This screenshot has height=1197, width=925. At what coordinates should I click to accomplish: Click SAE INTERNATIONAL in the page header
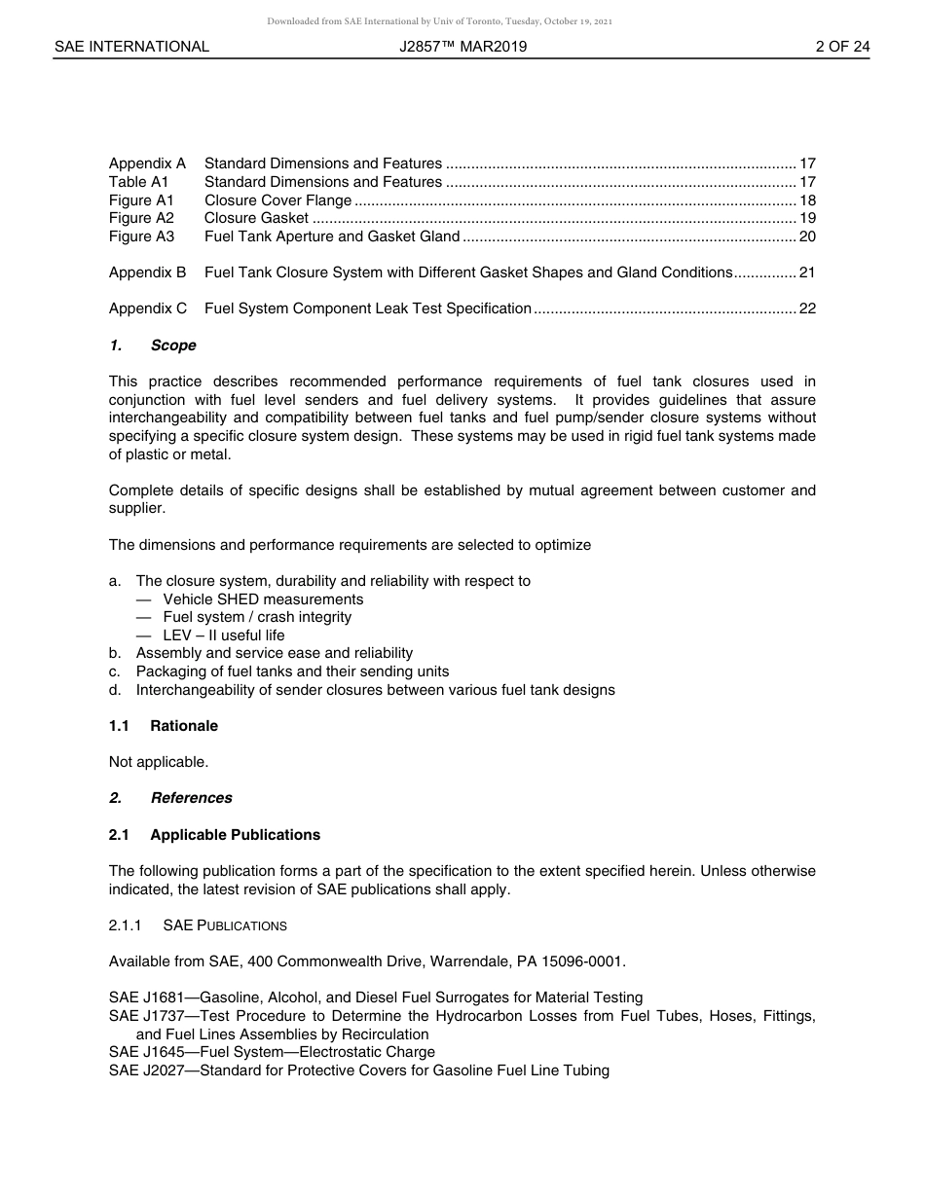(x=131, y=47)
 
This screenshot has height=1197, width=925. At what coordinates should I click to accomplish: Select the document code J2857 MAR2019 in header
(x=462, y=47)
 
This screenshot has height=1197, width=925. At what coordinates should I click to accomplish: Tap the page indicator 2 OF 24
(x=842, y=47)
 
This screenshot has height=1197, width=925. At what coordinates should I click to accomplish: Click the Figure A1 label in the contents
(x=141, y=200)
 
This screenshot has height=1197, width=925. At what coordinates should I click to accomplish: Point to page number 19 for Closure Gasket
(x=807, y=219)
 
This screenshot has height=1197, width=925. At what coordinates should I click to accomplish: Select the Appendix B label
(x=147, y=272)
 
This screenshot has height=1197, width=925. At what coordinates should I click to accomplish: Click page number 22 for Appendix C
(x=807, y=308)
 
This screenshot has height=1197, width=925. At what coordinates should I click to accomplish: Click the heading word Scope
(x=173, y=345)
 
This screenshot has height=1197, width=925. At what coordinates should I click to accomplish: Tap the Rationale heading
(x=184, y=726)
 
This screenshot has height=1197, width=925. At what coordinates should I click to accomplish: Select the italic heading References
(x=191, y=798)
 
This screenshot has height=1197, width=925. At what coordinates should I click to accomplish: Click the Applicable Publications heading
(x=235, y=835)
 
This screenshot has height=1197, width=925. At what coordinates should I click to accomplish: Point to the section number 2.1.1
(x=126, y=925)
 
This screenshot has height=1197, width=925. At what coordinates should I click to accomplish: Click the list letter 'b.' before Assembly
(x=115, y=653)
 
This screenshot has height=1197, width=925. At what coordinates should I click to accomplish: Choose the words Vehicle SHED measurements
(x=263, y=599)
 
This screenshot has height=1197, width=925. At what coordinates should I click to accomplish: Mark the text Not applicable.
(x=159, y=762)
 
